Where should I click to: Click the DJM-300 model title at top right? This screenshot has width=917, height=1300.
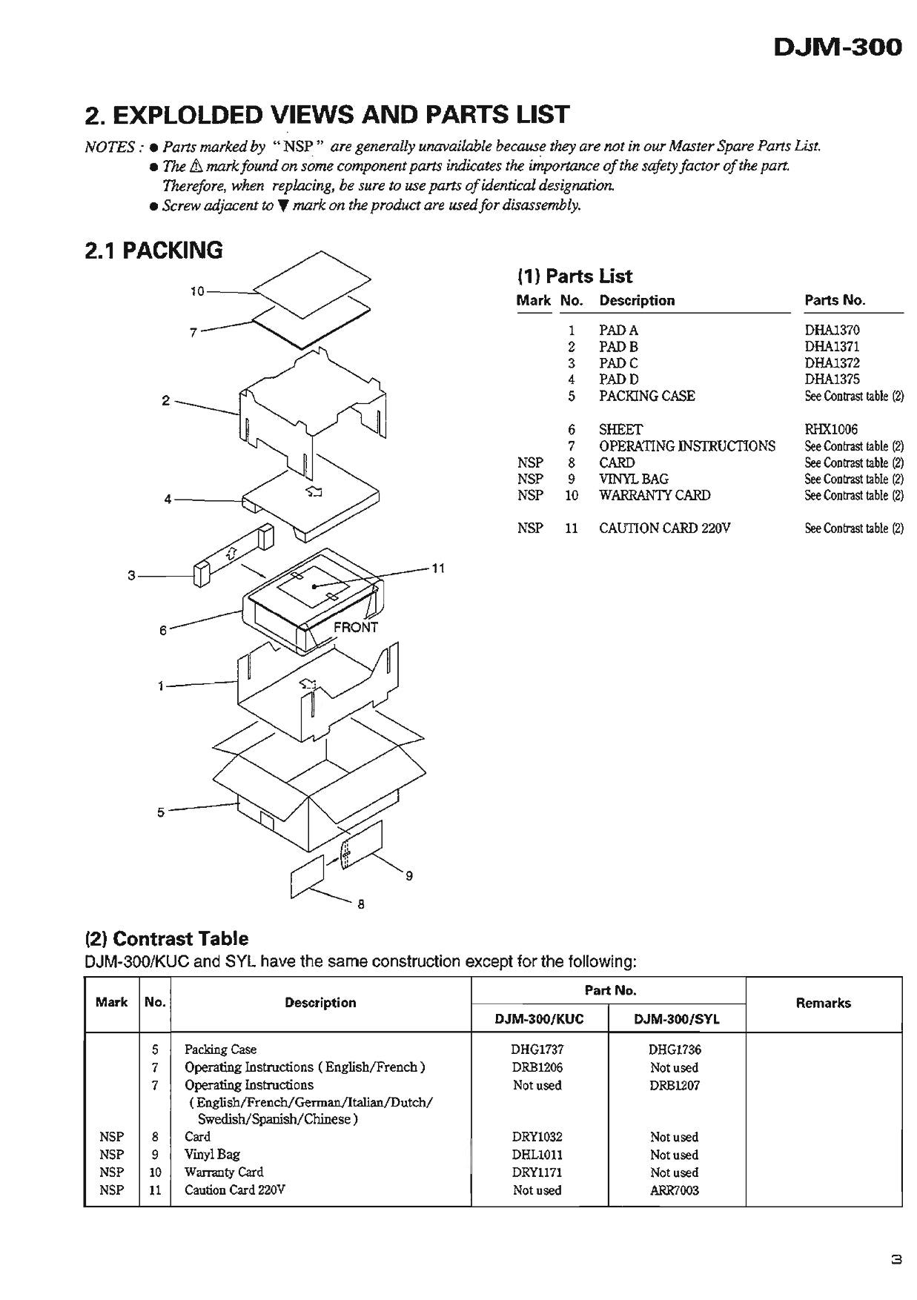click(838, 47)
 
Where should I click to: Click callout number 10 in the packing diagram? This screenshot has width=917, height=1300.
click(196, 291)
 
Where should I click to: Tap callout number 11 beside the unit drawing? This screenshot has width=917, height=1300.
click(438, 568)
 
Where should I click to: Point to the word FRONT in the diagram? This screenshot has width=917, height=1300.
click(356, 627)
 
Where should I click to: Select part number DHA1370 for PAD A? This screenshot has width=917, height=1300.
click(832, 330)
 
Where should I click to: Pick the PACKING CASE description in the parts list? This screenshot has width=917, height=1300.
click(646, 396)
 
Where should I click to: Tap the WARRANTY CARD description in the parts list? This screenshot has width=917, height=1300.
click(655, 495)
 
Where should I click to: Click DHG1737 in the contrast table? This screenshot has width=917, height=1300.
click(537, 1049)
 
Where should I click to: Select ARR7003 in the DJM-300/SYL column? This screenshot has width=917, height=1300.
click(674, 1190)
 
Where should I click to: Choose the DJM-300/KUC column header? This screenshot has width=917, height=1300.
click(539, 1019)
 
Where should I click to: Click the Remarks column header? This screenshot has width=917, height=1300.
click(823, 1003)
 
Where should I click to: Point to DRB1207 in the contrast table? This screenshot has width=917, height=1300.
click(674, 1085)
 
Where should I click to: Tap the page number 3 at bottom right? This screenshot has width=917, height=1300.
click(896, 1259)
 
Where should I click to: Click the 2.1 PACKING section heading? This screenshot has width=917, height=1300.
click(153, 251)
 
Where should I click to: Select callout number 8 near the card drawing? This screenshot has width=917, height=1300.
click(361, 904)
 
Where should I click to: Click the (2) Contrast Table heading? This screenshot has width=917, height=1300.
click(167, 938)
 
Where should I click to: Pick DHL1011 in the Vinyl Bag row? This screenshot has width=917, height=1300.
click(537, 1155)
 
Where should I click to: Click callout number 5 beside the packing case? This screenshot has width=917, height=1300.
click(161, 812)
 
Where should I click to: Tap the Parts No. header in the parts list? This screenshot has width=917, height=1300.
click(835, 300)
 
